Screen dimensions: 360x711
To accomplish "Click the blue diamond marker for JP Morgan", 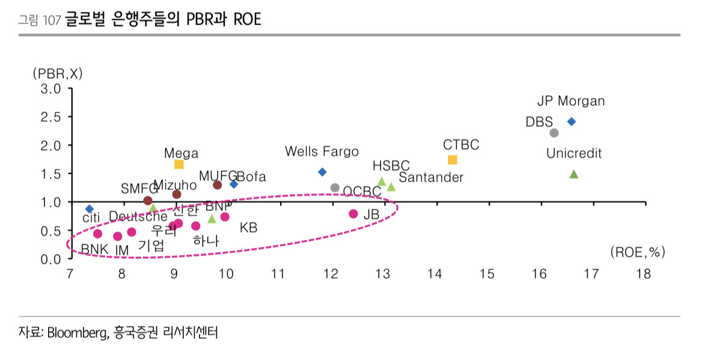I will (x=572, y=121).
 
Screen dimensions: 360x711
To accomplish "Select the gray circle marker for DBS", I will (x=554, y=133).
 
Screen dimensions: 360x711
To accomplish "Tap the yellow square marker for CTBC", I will (x=453, y=159).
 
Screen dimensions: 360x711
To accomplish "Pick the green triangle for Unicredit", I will (x=574, y=174).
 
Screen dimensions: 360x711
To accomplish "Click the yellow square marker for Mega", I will (x=179, y=164).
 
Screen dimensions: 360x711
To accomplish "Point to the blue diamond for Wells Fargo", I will (x=322, y=172).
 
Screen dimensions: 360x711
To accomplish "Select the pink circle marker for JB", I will (x=353, y=214).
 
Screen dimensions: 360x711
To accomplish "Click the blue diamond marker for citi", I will (x=90, y=209).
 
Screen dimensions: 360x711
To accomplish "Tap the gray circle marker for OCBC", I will (x=335, y=188).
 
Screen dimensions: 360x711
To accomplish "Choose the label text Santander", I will (x=431, y=177).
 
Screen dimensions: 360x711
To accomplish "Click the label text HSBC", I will (x=391, y=165).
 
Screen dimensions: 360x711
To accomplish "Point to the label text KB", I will (x=248, y=228).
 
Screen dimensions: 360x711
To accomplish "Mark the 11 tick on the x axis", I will (x=278, y=274).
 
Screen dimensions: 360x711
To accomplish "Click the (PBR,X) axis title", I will (x=58, y=73).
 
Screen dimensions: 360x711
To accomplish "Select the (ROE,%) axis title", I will (x=637, y=252).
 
